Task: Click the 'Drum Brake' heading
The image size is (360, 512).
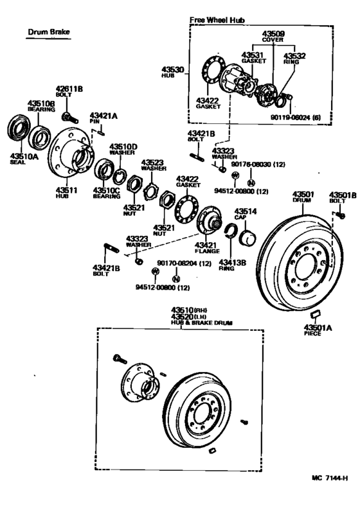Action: click(48, 32)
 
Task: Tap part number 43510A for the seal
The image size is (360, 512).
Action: click(24, 155)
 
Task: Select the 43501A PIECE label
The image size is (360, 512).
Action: click(318, 330)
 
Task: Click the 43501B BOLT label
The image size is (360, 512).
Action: click(340, 198)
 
